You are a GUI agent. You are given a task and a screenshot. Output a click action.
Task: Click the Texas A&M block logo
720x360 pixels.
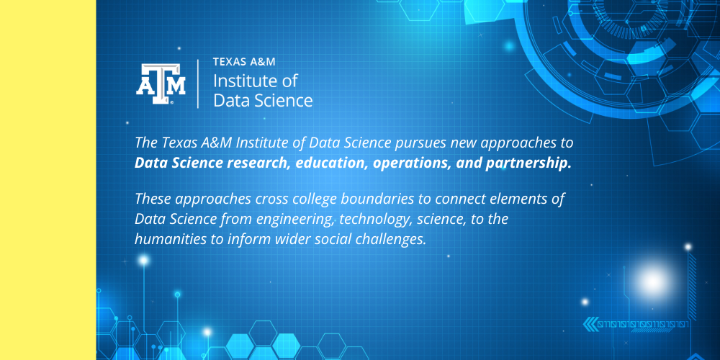point(161,84)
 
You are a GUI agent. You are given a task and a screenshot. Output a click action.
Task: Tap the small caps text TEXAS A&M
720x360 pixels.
point(244,62)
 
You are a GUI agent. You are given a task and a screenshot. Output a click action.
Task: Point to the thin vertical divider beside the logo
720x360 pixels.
point(198,84)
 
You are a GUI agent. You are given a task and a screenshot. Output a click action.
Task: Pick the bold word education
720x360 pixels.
point(330,163)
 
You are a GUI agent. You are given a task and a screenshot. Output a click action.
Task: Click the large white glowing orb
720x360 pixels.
point(652,282)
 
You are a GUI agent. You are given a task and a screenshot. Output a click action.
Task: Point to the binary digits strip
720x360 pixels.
point(644,325)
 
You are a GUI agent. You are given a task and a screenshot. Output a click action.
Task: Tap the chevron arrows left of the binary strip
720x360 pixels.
point(589,324)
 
